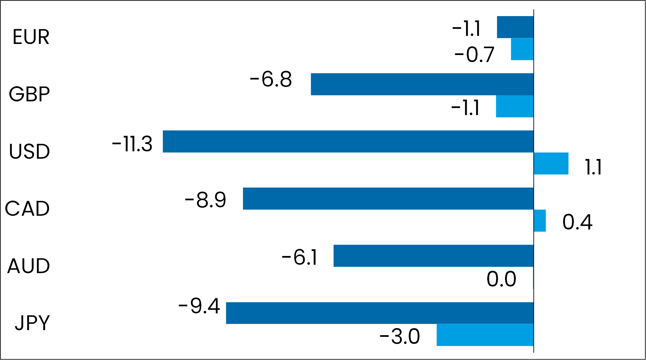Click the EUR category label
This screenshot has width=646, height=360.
click(31, 37)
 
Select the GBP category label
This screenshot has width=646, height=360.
click(30, 94)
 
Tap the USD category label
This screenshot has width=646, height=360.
click(30, 151)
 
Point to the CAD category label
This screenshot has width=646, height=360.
click(28, 208)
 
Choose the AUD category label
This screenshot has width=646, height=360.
click(29, 266)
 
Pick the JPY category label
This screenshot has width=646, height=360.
click(32, 323)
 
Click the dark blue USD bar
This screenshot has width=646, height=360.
click(348, 142)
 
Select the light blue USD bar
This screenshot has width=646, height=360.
click(551, 163)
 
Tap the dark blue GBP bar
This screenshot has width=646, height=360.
click(422, 84)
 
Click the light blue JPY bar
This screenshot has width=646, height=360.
click(485, 335)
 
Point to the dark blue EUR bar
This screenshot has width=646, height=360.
click(515, 27)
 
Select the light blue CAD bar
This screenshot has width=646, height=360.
click(540, 221)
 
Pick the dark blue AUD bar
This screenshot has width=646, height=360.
click(434, 256)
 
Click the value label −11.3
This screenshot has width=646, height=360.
click(132, 144)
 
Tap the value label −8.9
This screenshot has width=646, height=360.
click(205, 200)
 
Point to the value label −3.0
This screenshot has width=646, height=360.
click(400, 336)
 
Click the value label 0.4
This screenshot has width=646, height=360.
click(577, 222)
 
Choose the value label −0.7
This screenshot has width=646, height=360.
click(474, 54)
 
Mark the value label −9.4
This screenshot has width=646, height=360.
click(199, 306)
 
